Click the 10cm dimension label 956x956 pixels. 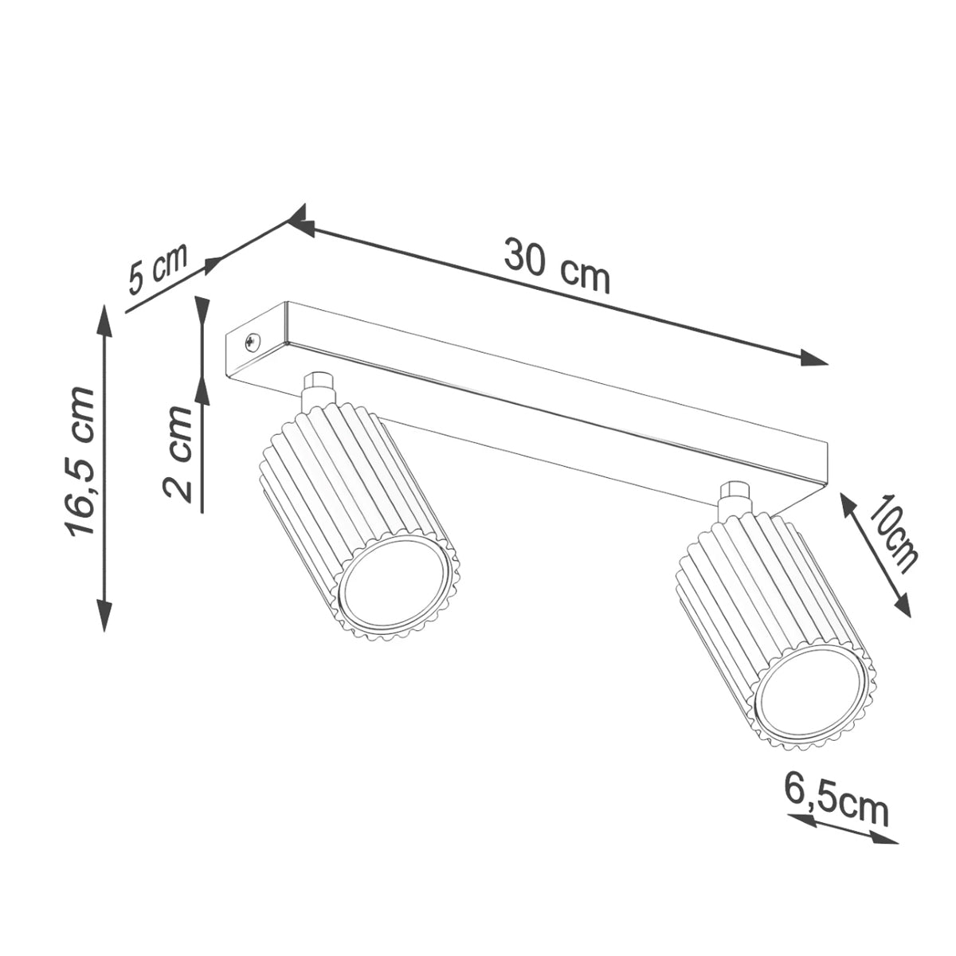[x=893, y=535]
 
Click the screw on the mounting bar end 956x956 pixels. [x=253, y=341]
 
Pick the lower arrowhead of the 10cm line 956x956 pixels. [x=903, y=606]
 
